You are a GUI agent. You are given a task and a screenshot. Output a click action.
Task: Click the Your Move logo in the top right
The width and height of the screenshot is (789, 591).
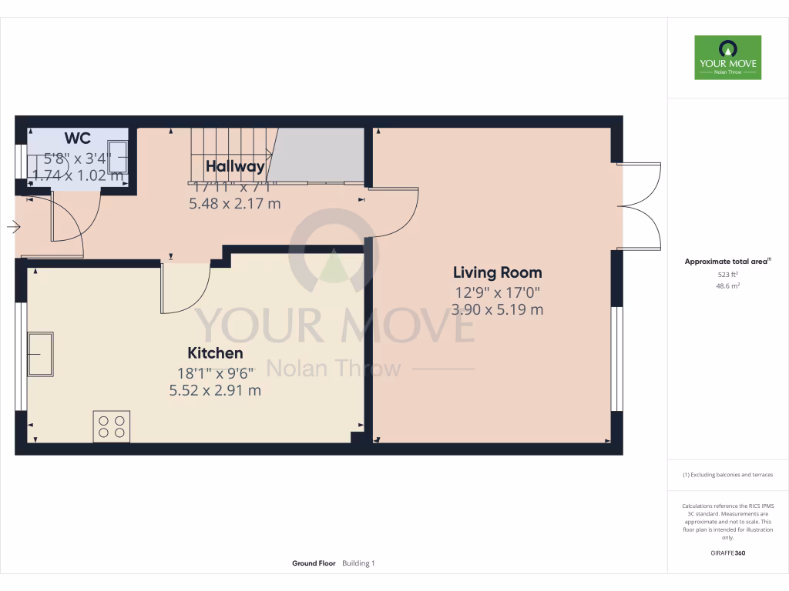(727, 57)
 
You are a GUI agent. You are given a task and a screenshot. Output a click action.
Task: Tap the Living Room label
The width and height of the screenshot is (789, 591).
(497, 272)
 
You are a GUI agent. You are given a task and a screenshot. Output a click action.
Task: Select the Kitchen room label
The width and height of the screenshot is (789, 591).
(215, 353)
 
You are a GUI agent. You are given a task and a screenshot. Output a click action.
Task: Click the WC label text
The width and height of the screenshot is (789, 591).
(77, 139)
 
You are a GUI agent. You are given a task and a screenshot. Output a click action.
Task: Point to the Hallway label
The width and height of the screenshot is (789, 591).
(235, 166)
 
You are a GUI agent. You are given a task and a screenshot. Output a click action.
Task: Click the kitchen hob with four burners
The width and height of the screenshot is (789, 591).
(112, 426)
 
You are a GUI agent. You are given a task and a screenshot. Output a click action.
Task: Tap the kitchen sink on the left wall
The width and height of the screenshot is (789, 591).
(41, 354)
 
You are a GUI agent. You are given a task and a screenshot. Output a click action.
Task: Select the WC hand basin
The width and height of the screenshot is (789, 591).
(118, 154)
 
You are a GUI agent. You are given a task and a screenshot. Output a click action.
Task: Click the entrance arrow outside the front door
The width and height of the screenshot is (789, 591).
(13, 226)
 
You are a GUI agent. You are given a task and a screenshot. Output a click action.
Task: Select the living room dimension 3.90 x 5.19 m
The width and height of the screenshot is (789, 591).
(497, 309)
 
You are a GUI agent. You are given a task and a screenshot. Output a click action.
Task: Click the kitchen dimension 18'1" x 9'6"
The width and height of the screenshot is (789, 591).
(215, 372)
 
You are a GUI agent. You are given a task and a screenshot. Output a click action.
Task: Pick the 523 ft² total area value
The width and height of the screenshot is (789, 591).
(727, 274)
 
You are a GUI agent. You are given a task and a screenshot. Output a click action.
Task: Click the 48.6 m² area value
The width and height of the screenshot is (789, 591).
(727, 285)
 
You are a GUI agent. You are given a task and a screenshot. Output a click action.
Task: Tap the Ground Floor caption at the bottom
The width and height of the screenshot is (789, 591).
(314, 563)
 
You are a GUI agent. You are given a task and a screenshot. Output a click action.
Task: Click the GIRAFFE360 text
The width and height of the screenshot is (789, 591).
(727, 553)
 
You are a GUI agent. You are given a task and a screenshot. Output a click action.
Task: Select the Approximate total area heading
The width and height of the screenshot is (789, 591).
(727, 262)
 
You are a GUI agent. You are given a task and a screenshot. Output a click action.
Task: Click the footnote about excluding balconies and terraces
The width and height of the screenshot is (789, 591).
(727, 475)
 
